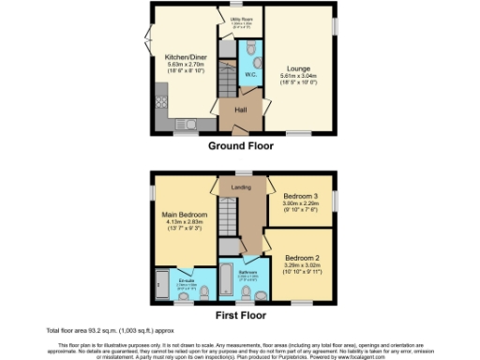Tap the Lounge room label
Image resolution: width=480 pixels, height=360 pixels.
coord(297,69)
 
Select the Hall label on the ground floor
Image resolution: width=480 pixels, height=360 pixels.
coord(240,111)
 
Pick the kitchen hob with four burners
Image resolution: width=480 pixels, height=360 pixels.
coord(160,92)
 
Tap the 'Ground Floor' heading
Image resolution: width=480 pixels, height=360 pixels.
coord(240,145)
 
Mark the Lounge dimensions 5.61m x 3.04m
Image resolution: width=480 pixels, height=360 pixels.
coord(297,78)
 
